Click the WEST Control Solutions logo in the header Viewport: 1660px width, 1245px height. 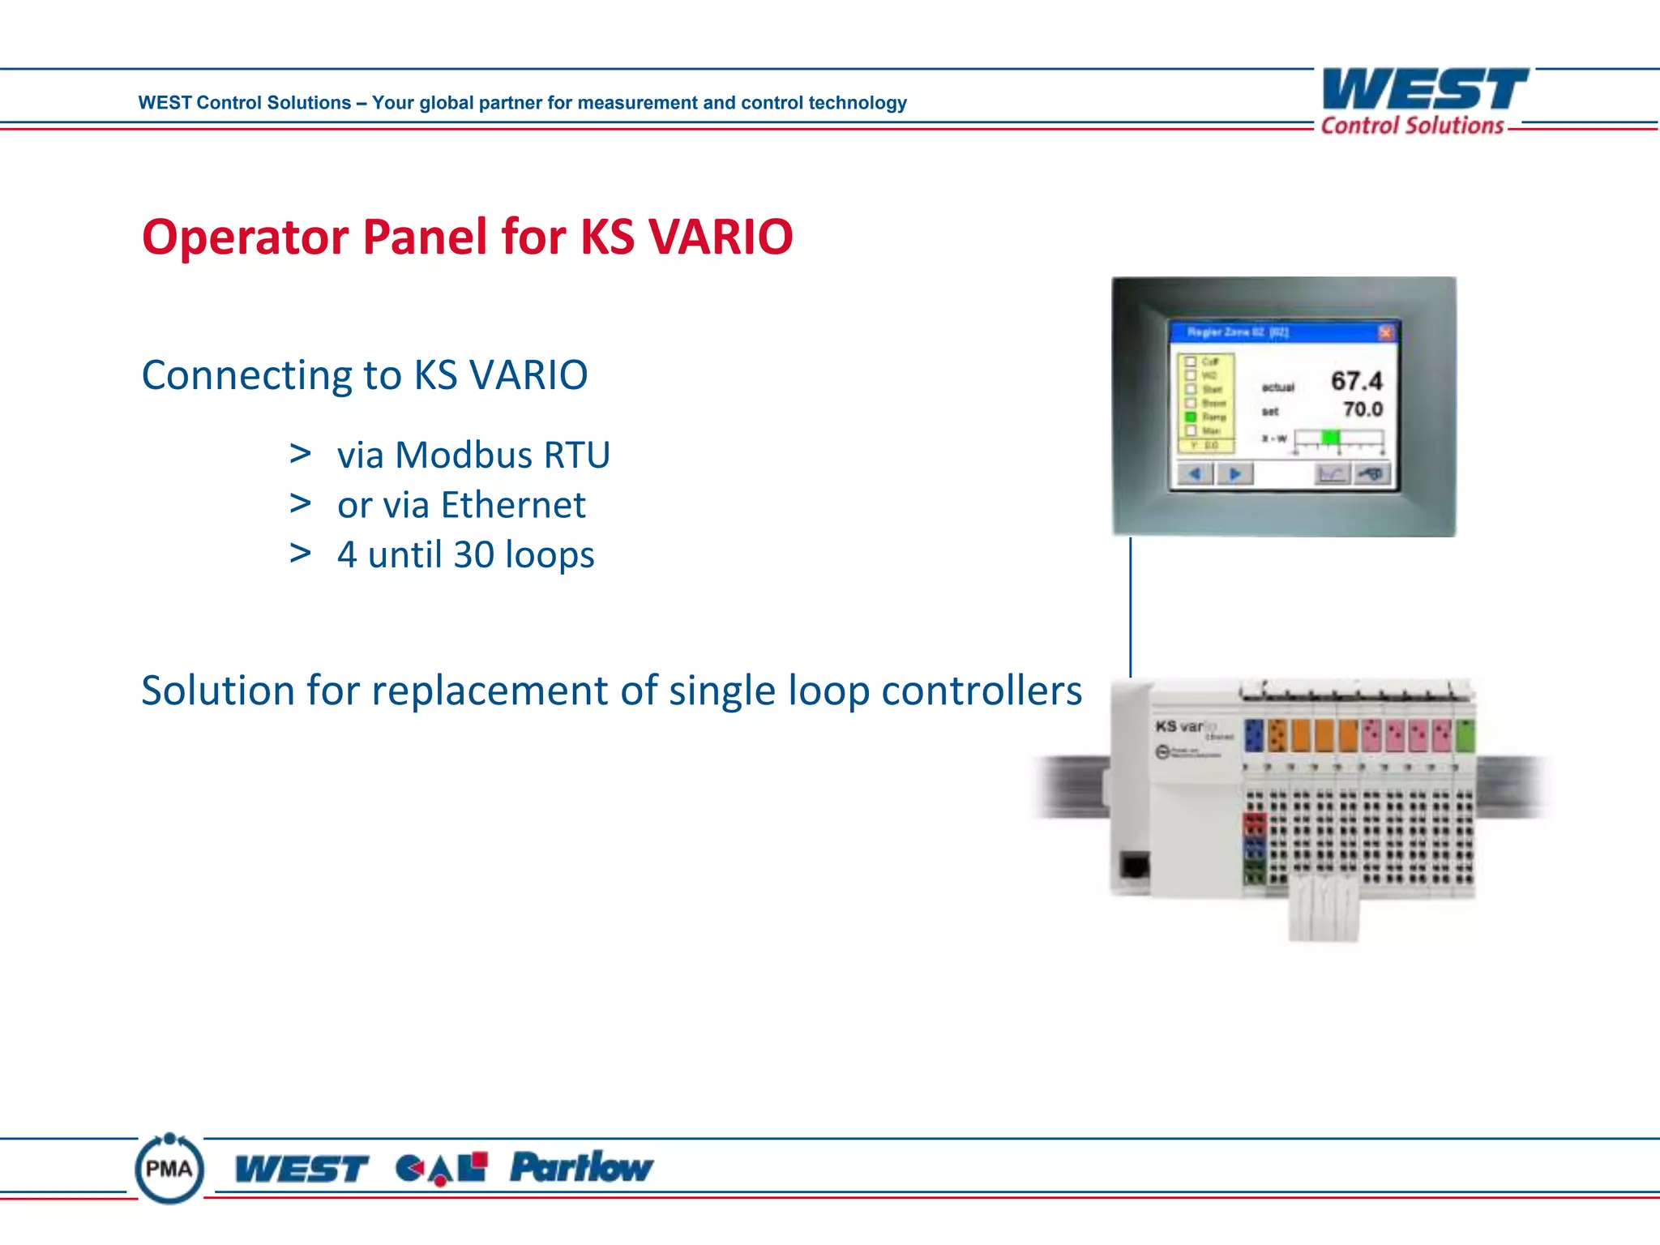1424,101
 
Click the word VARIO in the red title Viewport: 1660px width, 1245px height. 721,237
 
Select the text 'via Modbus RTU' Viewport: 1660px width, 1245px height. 473,455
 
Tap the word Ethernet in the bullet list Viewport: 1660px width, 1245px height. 512,505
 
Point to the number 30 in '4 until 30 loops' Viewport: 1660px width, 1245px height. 473,555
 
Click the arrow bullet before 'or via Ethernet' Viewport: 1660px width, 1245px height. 301,504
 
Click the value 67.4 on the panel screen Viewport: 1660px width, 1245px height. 1356,380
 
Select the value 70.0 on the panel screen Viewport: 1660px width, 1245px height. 1363,409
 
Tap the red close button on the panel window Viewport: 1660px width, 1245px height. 1385,332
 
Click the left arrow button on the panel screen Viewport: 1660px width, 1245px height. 1195,473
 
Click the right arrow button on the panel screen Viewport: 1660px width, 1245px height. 1234,473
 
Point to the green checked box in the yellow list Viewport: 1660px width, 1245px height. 1191,416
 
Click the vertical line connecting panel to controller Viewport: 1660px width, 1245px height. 1130,608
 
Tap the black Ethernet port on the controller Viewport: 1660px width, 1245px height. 1134,865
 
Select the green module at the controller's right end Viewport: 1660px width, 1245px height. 1465,735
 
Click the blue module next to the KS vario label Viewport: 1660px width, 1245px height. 1254,735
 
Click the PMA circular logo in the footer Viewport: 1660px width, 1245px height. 169,1169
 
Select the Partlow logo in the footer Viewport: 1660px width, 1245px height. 581,1167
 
